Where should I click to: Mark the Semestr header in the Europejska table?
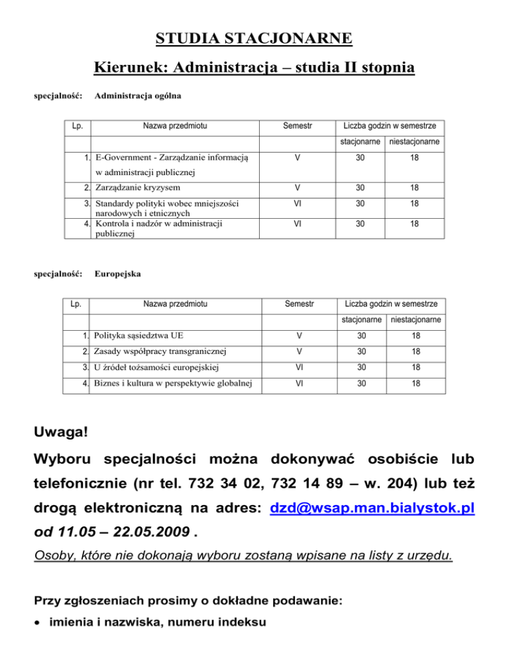tap(299, 304)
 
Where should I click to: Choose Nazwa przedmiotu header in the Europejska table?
tap(174, 304)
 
